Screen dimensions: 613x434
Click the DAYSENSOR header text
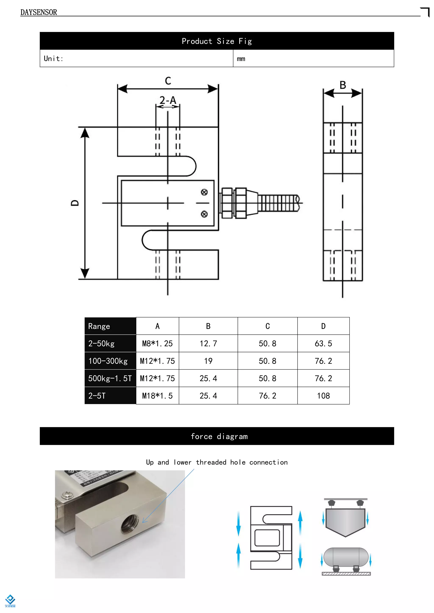point(39,12)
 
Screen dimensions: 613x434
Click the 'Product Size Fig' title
point(217,41)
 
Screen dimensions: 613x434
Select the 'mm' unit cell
point(241,59)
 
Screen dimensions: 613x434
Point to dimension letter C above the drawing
point(168,81)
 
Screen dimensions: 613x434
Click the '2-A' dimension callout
point(168,100)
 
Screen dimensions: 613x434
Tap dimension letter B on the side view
point(343,85)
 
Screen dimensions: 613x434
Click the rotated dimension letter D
point(75,203)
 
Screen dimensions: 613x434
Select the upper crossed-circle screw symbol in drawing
point(204,192)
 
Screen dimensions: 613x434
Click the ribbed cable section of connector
point(278,203)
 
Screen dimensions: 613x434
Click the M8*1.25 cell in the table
point(157,343)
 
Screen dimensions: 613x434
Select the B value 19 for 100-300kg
point(208,361)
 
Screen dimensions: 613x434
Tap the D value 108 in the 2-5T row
point(323,396)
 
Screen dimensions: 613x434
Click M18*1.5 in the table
point(157,396)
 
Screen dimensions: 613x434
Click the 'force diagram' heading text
point(219,436)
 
